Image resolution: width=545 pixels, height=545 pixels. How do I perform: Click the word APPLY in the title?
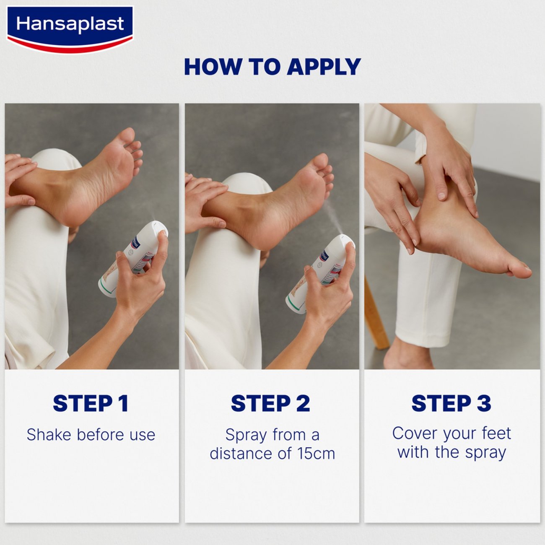tap(324, 67)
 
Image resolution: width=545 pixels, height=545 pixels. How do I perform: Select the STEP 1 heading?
tap(91, 403)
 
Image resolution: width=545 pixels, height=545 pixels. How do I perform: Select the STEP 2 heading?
tap(270, 403)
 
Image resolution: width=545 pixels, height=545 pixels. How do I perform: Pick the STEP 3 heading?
tap(451, 403)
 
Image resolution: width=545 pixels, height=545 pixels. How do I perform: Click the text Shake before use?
tap(91, 435)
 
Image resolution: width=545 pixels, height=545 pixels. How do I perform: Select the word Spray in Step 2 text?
tap(244, 435)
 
